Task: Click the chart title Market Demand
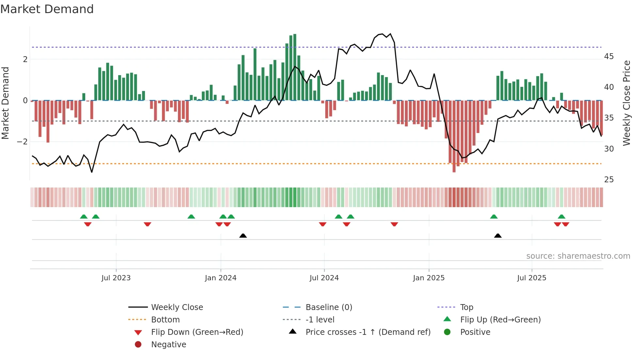pos(47,9)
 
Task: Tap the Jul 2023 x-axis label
pos(116,278)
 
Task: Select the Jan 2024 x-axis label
pos(220,278)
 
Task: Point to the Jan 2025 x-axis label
pos(428,278)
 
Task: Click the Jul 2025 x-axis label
pos(532,278)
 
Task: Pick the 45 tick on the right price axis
pos(609,57)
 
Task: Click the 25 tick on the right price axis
pos(609,180)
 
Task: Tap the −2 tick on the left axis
pos(23,142)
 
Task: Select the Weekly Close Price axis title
pos(626,103)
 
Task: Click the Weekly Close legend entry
pos(177,307)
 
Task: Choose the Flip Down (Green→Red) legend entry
pos(197,332)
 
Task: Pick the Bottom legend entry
pos(165,320)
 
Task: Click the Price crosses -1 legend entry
pos(368,332)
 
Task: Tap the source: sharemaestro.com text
pos(578,256)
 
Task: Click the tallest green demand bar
pos(295,67)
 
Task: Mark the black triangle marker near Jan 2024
pos(243,236)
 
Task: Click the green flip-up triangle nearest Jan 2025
pos(494,217)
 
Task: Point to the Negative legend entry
pos(168,345)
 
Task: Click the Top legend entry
pos(466,307)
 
